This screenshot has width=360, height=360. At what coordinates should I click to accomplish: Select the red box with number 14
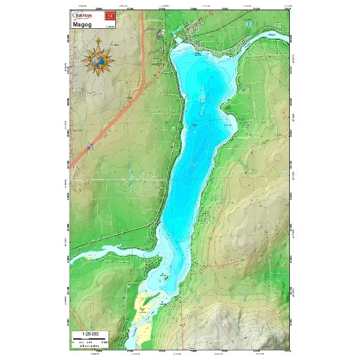click(x=109, y=16)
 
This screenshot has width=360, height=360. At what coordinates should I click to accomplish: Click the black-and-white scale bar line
click(x=90, y=338)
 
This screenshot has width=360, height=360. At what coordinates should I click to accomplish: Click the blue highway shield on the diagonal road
click(x=90, y=146)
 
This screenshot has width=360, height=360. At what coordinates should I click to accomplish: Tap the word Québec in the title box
click(x=109, y=27)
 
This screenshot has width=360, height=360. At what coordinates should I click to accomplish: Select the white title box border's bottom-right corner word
click(x=109, y=27)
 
